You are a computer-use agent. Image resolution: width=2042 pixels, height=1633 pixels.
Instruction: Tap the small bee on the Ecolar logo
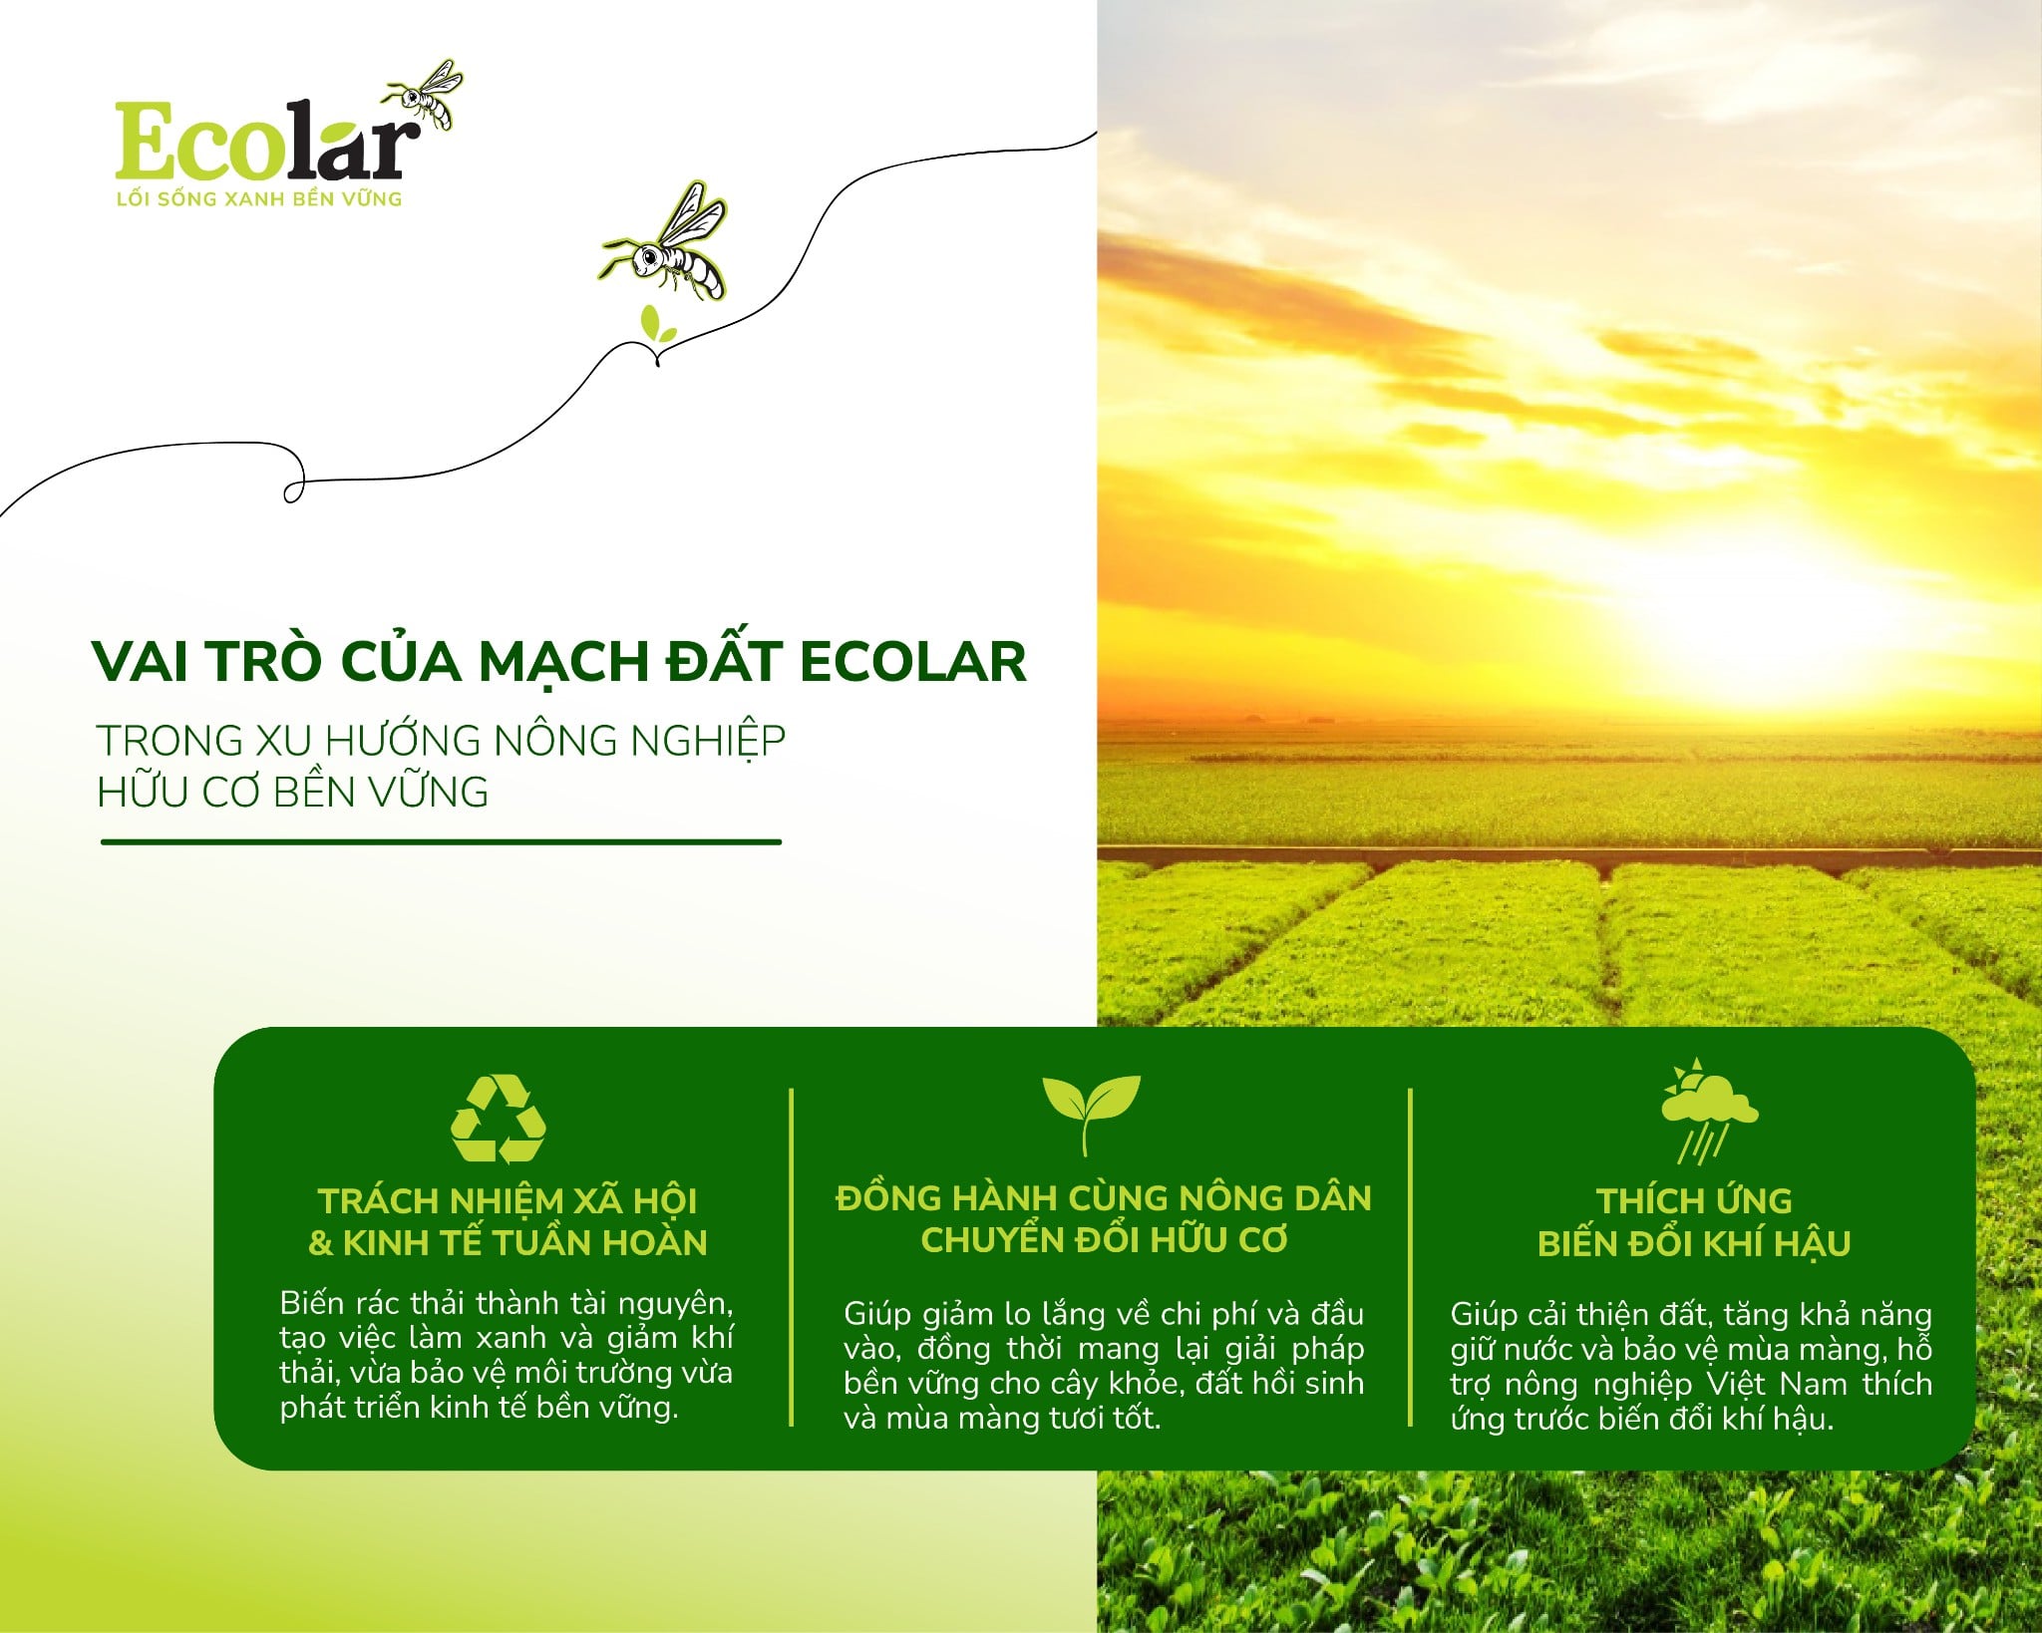point(427,93)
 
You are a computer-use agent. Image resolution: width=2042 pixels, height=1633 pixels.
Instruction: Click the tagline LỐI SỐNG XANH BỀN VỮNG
point(259,199)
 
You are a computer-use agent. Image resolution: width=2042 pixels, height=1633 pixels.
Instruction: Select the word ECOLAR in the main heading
point(912,661)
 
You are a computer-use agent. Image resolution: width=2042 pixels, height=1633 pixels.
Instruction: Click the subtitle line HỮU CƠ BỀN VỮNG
point(292,793)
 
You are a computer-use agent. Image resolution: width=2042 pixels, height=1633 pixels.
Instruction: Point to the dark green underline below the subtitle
point(441,842)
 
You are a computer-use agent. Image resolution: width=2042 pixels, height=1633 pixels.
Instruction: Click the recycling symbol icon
point(499,1119)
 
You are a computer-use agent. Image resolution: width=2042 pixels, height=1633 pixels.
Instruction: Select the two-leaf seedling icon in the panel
point(1090,1112)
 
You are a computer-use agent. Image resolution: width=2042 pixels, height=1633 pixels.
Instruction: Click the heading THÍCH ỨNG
point(1693,1200)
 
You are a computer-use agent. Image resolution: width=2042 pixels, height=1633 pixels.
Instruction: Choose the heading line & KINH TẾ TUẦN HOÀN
point(508,1243)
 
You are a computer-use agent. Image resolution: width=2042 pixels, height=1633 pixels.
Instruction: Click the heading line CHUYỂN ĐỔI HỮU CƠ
point(1104,1240)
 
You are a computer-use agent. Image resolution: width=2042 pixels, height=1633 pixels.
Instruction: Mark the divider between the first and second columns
point(792,1256)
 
